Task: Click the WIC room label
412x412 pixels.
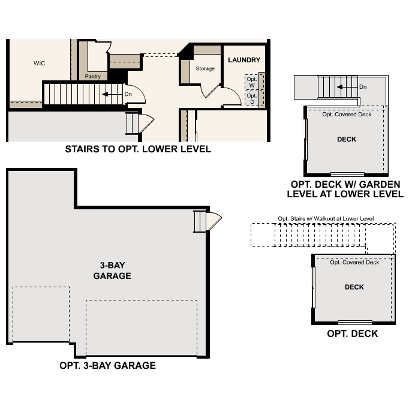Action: (40, 63)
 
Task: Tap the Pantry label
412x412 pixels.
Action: (92, 77)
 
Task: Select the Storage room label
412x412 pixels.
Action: (205, 69)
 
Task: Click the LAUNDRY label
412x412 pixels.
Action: (244, 60)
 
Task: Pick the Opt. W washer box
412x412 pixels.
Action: (251, 82)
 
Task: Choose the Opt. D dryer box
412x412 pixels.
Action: (251, 98)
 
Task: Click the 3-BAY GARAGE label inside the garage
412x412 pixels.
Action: (112, 271)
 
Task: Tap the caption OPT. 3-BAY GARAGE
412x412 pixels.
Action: (107, 365)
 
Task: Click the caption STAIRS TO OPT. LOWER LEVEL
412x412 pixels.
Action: (138, 149)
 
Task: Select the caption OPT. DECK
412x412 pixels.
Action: (353, 333)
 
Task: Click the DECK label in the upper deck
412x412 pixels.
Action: (347, 139)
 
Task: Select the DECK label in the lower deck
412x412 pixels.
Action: (354, 287)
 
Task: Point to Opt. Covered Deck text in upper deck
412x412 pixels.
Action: (347, 115)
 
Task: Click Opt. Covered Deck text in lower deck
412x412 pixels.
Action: (354, 262)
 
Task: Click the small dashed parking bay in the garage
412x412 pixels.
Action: (41, 314)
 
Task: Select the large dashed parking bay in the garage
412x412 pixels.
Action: (142, 327)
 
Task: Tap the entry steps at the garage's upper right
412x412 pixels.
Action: (200, 222)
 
